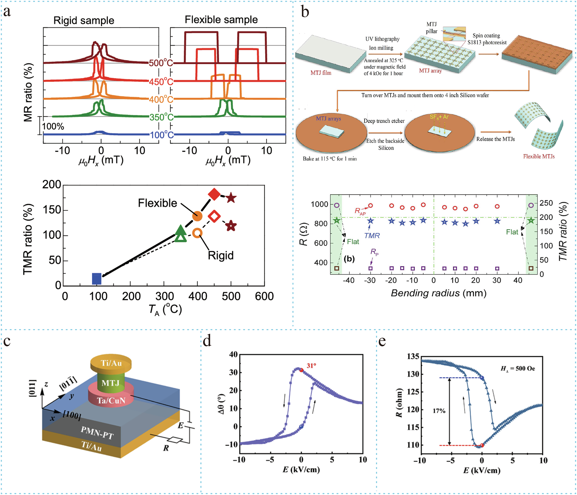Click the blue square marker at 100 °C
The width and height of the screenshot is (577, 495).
pos(97,279)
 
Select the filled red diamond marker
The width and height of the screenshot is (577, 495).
pos(214,194)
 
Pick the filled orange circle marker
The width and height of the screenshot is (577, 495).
pos(197,216)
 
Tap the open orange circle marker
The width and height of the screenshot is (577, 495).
pos(197,233)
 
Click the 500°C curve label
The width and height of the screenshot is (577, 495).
pos(161,63)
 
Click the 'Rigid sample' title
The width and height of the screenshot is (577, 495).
pos(84,21)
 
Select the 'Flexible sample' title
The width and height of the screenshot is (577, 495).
pos(221,20)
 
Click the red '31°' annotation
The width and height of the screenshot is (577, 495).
pos(311,366)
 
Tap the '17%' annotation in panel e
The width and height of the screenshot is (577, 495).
pos(439,411)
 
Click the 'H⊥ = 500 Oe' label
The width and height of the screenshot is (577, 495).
pos(518,368)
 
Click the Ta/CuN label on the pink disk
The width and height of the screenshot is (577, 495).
pos(111,401)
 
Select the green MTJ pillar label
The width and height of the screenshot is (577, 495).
pos(110,383)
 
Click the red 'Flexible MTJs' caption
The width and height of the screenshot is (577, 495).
pos(539,156)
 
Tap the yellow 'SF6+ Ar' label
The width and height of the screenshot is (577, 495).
pos(439,117)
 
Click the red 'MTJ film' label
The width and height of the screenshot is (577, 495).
pos(321,73)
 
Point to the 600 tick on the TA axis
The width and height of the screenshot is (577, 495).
pos(264,296)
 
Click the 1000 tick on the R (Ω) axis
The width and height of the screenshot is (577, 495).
pos(319,204)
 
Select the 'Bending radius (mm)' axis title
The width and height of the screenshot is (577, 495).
pos(439,293)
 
